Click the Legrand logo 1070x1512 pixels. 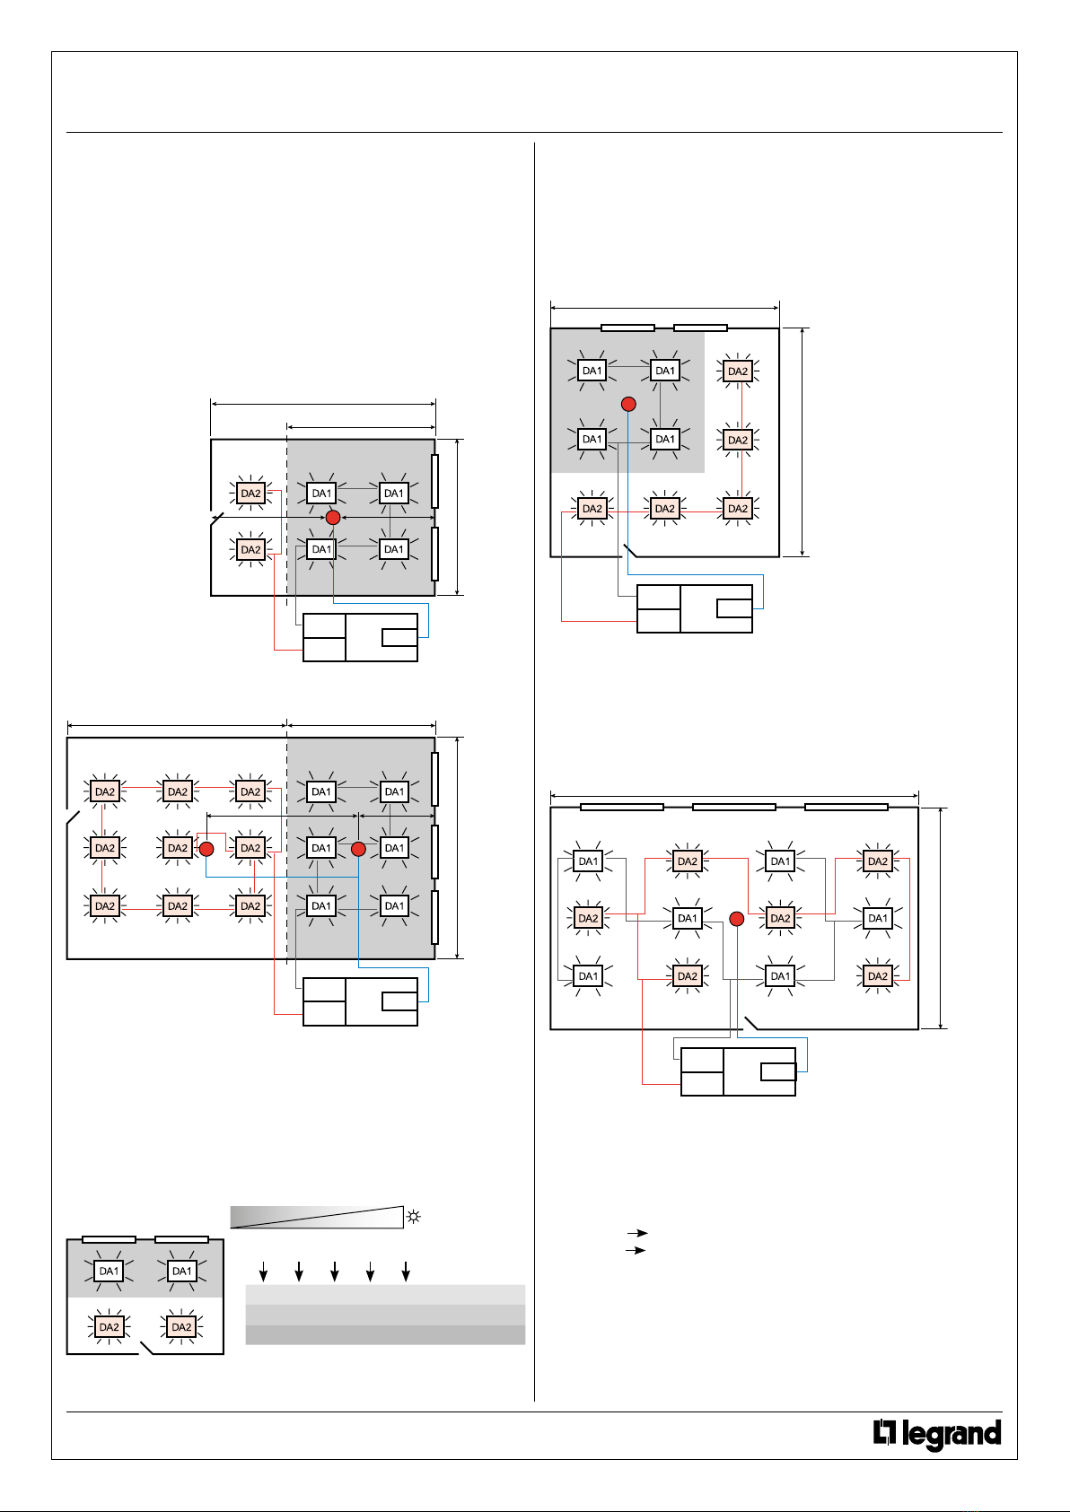tap(937, 1434)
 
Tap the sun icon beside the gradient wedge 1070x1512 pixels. tap(414, 1217)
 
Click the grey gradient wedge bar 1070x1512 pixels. tap(317, 1217)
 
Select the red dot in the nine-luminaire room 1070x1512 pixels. tap(628, 405)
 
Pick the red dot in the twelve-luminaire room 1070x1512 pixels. tap(737, 919)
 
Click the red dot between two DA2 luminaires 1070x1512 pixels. tap(206, 849)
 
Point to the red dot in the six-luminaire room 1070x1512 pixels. tap(333, 518)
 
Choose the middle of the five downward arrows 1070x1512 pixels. tap(334, 1271)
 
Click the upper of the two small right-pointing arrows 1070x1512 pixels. tap(636, 1233)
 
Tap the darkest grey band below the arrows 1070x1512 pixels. tap(385, 1335)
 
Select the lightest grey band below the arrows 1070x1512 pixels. tap(385, 1295)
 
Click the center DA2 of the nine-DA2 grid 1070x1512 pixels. tap(178, 848)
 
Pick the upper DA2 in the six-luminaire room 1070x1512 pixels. tap(250, 494)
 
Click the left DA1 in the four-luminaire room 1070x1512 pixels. tap(109, 1271)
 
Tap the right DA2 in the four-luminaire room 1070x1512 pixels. tap(181, 1327)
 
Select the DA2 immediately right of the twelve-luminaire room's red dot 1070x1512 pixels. tap(780, 918)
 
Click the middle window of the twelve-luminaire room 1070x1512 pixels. tap(733, 808)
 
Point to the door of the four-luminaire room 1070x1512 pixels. tap(146, 1348)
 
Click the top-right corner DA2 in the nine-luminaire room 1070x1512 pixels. tap(738, 371)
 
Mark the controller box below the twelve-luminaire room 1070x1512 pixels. tap(738, 1072)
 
